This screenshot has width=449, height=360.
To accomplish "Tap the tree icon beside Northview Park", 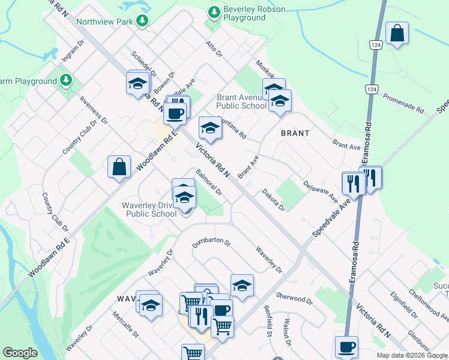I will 142,22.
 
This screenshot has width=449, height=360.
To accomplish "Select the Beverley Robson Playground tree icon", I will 214,12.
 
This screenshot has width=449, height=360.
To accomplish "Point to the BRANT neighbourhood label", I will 295,133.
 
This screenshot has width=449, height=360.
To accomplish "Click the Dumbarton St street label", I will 211,242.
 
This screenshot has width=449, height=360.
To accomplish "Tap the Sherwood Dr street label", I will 294,297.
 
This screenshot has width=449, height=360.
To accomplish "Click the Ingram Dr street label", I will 73,52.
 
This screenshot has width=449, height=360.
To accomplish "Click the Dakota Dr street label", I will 273,199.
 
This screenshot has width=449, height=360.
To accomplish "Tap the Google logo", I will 20,353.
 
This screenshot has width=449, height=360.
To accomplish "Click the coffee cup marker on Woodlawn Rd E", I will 175,113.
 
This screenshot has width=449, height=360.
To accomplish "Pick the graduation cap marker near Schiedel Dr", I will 137,83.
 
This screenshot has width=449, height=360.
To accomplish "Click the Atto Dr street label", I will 214,49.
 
